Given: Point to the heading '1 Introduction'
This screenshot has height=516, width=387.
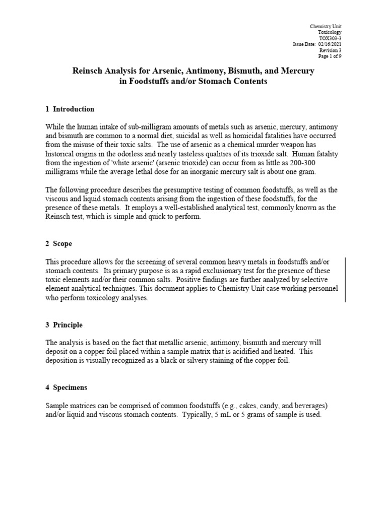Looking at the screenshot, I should (70, 109).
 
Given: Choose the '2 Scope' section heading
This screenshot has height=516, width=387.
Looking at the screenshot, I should (59, 244).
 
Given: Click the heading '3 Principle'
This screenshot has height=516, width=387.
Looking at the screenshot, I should (64, 325).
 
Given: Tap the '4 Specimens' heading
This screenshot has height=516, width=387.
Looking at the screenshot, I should (67, 388).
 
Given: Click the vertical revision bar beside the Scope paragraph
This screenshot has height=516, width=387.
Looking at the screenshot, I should (345, 280).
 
